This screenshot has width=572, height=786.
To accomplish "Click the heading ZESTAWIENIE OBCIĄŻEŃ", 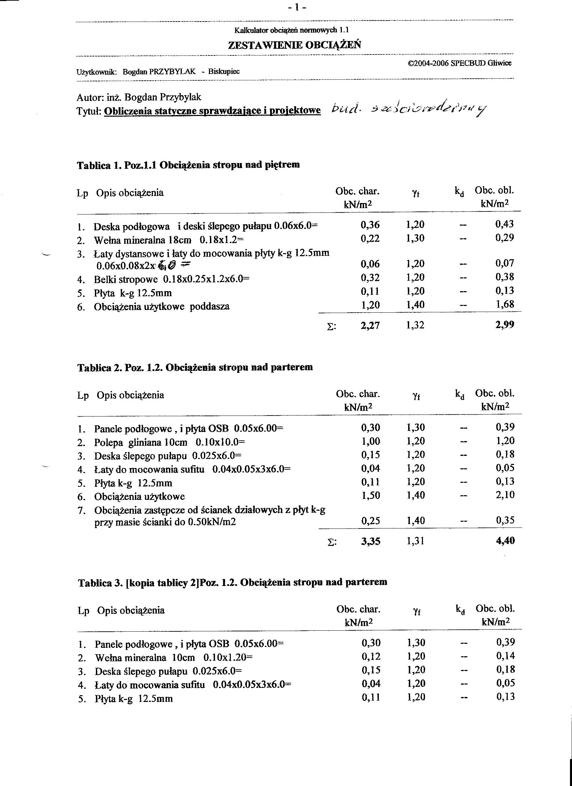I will pyautogui.click(x=294, y=45).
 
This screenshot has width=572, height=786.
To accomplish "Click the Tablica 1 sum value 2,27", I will pyautogui.click(x=370, y=325).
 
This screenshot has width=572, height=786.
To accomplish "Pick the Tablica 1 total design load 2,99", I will pyautogui.click(x=504, y=325).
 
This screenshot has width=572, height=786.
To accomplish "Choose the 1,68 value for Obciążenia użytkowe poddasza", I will pyautogui.click(x=504, y=305).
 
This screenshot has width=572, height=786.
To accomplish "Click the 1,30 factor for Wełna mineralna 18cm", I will pyautogui.click(x=415, y=238).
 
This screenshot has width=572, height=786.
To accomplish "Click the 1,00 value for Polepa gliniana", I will pyautogui.click(x=370, y=441).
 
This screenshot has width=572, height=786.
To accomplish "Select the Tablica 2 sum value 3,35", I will pyautogui.click(x=370, y=541).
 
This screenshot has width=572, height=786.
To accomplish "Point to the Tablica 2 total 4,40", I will pyautogui.click(x=505, y=541).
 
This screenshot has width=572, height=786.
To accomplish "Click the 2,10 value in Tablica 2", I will pyautogui.click(x=505, y=495).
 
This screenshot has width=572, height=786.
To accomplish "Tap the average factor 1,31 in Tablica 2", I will pyautogui.click(x=415, y=541).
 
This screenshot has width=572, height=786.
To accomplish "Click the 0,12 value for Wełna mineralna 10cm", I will pyautogui.click(x=371, y=656).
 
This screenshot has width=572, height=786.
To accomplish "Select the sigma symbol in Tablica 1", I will pyautogui.click(x=331, y=327).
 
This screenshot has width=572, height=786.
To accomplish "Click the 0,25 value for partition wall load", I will pyautogui.click(x=370, y=520).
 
